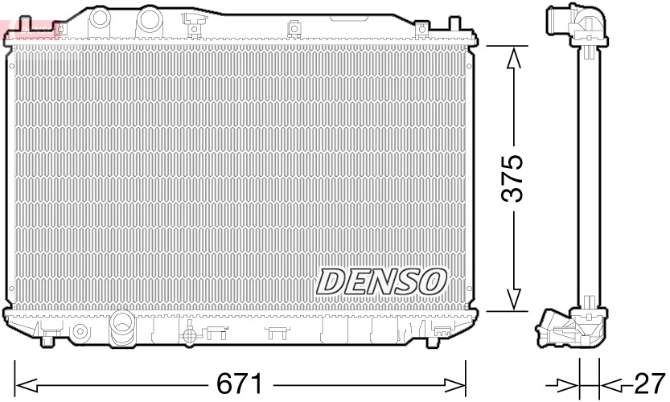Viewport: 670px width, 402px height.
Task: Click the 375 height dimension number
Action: coord(513,178)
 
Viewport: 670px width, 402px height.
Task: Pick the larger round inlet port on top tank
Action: coord(147,17)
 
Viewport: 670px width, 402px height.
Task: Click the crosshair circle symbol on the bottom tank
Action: coord(187,334)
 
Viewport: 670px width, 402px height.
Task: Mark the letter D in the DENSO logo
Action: coord(330,281)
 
